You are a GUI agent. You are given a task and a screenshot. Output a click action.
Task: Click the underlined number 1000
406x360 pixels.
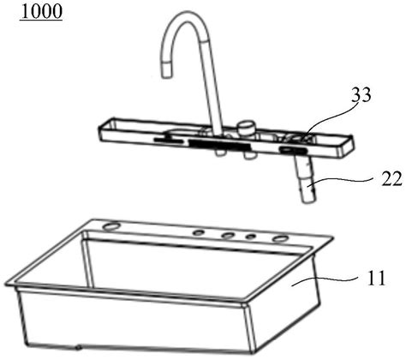[41, 11]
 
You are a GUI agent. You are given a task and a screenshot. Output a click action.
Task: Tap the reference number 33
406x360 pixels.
[361, 95]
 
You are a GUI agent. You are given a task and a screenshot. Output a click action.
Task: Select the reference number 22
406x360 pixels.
[392, 179]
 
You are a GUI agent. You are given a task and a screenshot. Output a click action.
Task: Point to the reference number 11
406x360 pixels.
[376, 278]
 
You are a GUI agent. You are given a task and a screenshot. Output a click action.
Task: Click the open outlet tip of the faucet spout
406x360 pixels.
[167, 75]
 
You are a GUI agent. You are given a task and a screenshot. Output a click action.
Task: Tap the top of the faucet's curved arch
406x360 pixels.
[185, 15]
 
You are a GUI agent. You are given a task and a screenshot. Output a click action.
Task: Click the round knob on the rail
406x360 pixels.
[246, 128]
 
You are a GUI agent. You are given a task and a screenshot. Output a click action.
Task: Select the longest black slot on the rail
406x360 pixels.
[219, 145]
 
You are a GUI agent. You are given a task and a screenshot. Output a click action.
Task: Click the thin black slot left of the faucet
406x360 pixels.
[169, 140]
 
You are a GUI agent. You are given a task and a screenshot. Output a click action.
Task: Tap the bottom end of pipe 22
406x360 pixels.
[308, 201]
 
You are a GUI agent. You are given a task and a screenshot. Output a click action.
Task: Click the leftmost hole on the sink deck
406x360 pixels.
[112, 226]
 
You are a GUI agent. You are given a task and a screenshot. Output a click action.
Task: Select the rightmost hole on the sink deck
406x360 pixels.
[280, 238]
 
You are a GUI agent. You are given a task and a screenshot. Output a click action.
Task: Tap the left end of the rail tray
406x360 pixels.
[100, 130]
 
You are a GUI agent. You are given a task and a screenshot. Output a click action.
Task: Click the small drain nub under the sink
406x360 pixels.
[78, 347]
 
